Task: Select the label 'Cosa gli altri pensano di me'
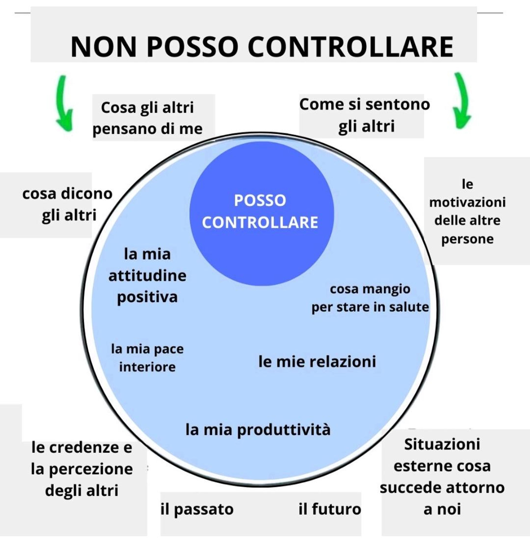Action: click(148, 118)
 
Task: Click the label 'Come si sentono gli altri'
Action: click(365, 115)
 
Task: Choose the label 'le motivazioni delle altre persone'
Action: click(467, 211)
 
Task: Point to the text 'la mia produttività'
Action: click(258, 429)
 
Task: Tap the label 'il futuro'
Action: click(330, 509)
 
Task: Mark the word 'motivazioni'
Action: click(467, 202)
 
